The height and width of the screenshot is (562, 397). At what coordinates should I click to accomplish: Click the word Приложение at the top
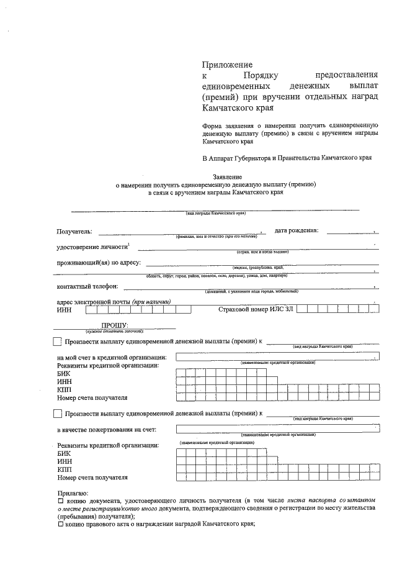(x=228, y=65)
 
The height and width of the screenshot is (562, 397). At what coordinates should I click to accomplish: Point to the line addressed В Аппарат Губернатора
(x=287, y=158)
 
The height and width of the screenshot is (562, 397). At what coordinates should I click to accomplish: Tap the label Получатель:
(x=74, y=232)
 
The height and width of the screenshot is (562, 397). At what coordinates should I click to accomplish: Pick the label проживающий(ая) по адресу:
(x=99, y=263)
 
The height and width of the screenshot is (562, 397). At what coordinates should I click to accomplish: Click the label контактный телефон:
(x=87, y=287)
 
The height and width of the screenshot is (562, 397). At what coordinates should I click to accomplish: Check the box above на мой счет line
(x=58, y=342)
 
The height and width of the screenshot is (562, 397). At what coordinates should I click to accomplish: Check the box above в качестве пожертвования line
(x=58, y=414)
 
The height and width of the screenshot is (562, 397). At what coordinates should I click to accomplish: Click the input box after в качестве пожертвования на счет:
(x=278, y=429)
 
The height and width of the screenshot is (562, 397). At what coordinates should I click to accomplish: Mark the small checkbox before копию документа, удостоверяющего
(x=60, y=500)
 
